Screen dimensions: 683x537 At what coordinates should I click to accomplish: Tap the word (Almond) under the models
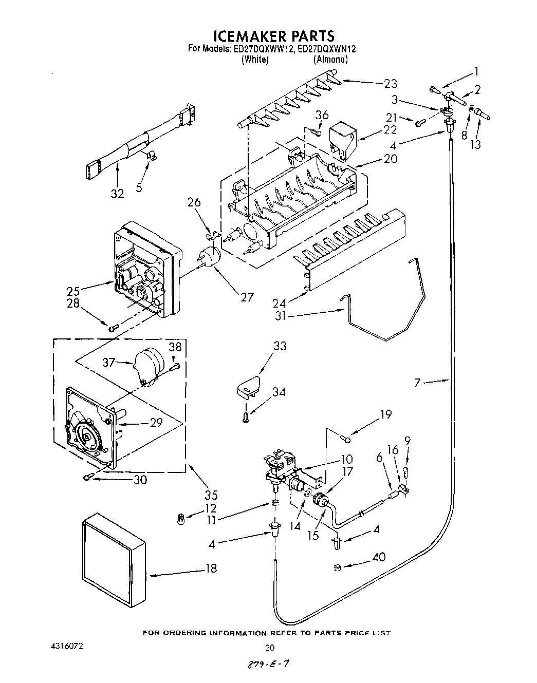[x=331, y=60]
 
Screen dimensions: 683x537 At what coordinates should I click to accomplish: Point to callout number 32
[x=118, y=194]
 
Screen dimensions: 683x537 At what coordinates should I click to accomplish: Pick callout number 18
[x=211, y=568]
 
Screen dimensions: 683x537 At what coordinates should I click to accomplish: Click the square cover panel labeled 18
[x=114, y=560]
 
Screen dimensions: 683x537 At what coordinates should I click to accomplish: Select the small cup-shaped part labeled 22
[x=342, y=138]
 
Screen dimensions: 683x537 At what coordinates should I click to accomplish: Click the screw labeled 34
[x=247, y=417]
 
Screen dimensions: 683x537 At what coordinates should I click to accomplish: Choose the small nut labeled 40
[x=337, y=567]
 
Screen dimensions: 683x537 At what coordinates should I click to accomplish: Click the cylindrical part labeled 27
[x=209, y=257]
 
